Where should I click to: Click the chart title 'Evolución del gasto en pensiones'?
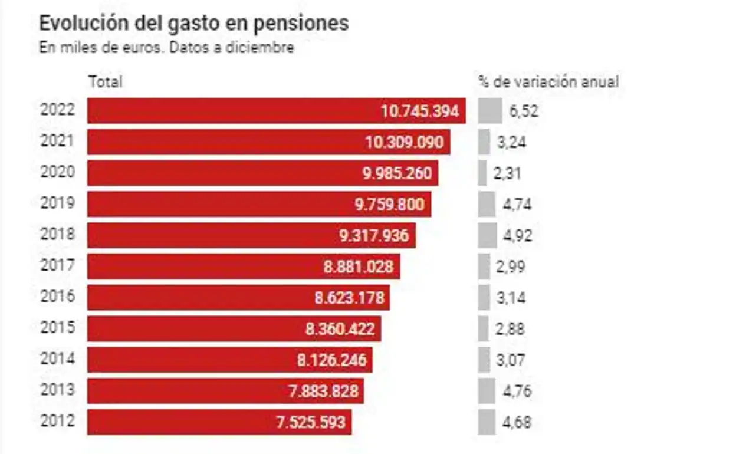(x=193, y=24)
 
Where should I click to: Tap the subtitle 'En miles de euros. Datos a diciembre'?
(x=166, y=48)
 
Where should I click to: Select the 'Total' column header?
(x=106, y=82)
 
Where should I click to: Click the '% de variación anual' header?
(x=548, y=82)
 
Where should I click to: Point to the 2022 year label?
(x=58, y=110)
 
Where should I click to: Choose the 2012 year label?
(x=58, y=422)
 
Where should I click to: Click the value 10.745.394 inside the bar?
(x=420, y=111)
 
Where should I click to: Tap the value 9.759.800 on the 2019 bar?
(x=389, y=205)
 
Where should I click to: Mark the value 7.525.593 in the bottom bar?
(x=311, y=422)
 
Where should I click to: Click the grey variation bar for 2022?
(x=489, y=111)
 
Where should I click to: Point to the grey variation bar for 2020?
(x=482, y=173)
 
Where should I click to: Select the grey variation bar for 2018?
(x=487, y=235)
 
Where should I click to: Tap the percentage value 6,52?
(x=524, y=111)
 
